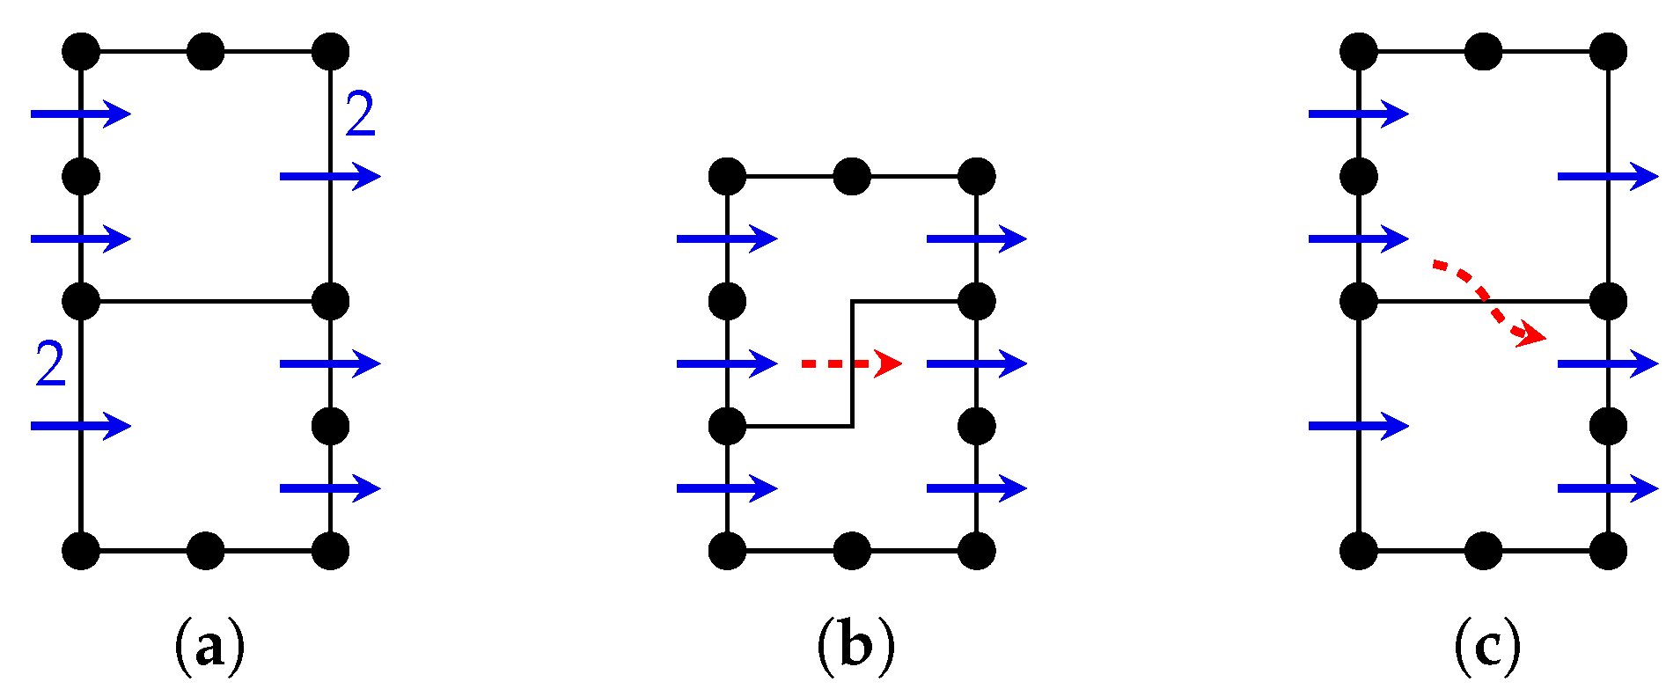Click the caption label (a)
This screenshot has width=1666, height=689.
click(209, 647)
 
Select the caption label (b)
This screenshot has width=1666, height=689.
click(855, 647)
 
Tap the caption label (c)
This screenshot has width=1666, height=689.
click(1487, 647)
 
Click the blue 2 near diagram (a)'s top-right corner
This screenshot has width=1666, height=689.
click(360, 114)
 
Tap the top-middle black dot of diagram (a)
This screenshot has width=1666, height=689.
click(206, 51)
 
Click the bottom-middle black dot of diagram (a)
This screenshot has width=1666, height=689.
click(206, 551)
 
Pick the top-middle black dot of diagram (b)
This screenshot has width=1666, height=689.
click(852, 176)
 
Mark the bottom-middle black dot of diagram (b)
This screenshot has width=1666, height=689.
click(852, 551)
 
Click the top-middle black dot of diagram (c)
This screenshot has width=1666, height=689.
click(1484, 51)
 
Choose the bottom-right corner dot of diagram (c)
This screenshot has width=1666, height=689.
click(1609, 551)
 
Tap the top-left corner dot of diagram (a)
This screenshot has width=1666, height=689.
click(81, 51)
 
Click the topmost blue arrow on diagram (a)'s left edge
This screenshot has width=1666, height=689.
click(81, 114)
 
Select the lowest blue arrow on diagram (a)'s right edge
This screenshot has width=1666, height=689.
click(330, 487)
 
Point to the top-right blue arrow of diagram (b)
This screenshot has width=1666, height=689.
click(977, 238)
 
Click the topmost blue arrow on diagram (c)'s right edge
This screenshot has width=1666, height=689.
click(1608, 176)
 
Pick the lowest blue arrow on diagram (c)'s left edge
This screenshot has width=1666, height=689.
click(1359, 426)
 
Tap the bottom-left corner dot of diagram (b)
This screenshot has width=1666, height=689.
click(727, 551)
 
